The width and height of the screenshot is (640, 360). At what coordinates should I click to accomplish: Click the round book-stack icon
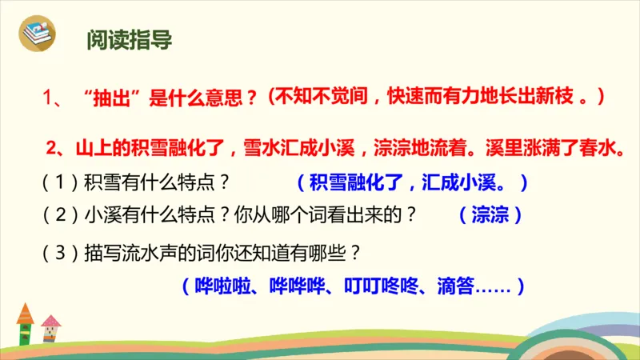(x=38, y=35)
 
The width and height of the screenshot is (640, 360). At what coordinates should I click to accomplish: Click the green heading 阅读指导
(x=129, y=41)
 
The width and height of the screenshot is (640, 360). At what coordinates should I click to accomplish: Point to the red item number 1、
(x=55, y=99)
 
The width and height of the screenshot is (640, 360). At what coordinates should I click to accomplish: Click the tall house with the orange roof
(x=25, y=324)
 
